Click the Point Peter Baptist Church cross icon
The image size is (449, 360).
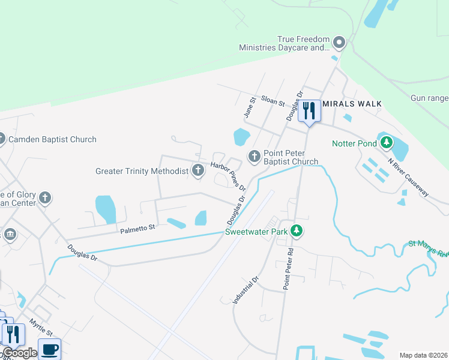pos(254,157)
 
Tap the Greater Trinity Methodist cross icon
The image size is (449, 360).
pos(197,171)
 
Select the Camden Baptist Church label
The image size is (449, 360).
pos(52,139)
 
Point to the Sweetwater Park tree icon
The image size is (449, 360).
pos(295,230)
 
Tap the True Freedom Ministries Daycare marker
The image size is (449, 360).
pos(339,43)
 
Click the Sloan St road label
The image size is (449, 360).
pos(273,101)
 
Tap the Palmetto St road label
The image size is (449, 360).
pos(137,227)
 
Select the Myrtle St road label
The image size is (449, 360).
pos(41,328)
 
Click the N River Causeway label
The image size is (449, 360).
pos(408,178)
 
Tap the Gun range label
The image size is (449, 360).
pos(429,98)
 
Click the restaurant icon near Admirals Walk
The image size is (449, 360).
pos(309,112)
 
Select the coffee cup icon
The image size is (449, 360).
pos(49,349)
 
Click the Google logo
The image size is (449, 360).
pos(20,353)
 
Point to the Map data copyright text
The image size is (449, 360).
pos(423,355)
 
